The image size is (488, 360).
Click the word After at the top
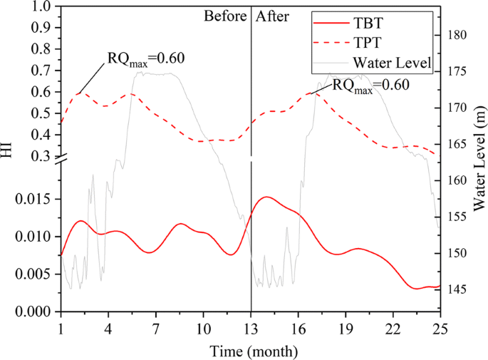pos(271,16)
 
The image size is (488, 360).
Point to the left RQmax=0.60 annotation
pos(146,58)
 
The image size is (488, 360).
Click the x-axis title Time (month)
pos(250,351)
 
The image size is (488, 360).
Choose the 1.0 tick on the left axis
pos(43,7)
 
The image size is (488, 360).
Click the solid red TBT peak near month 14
pos(266,197)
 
